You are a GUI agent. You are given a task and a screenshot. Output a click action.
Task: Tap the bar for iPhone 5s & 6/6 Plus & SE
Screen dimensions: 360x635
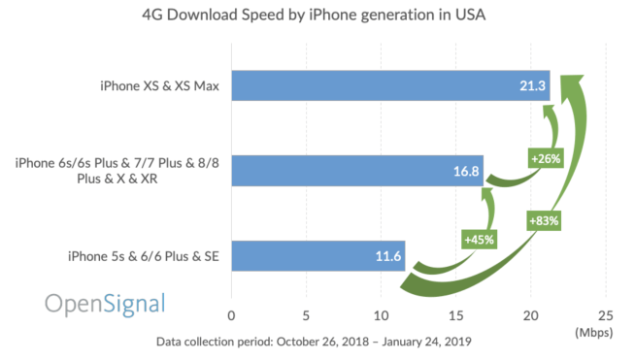click(317, 256)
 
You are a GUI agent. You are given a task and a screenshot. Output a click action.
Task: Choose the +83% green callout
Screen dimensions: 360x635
click(545, 220)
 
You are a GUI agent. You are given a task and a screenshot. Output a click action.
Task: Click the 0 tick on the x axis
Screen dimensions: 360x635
click(231, 314)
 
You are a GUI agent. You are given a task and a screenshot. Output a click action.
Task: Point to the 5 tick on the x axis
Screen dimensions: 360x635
click(306, 314)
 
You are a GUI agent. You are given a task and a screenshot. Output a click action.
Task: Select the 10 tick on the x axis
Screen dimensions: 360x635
click(381, 314)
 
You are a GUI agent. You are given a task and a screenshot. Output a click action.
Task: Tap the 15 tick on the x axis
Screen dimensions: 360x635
click(455, 314)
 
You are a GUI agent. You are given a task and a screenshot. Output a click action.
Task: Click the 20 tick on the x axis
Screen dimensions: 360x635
click(530, 314)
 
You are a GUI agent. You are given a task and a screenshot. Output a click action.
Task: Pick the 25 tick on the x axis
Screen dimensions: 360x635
click(605, 314)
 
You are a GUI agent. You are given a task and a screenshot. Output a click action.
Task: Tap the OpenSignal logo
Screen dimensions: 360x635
click(105, 304)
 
